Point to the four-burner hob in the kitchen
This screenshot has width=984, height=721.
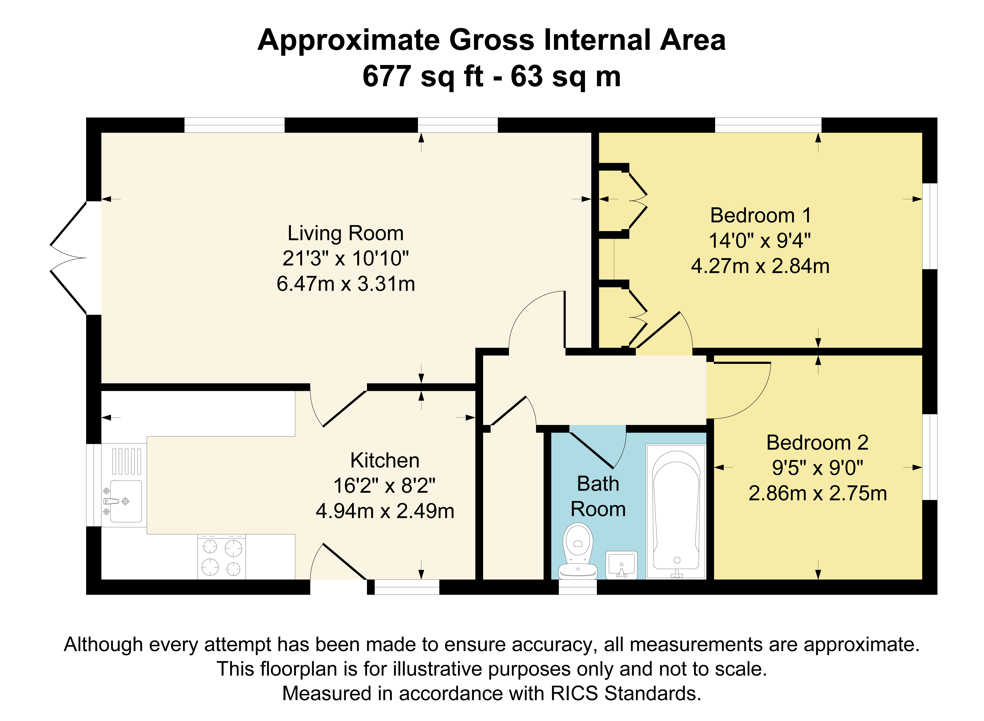pos(222,557)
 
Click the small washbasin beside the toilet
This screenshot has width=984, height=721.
pos(621,565)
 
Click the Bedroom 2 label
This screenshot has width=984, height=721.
pos(817,443)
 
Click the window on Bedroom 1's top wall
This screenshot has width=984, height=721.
pos(768,125)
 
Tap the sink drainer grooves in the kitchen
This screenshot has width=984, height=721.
pos(127,461)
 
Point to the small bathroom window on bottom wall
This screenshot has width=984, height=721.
pos(578,587)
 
